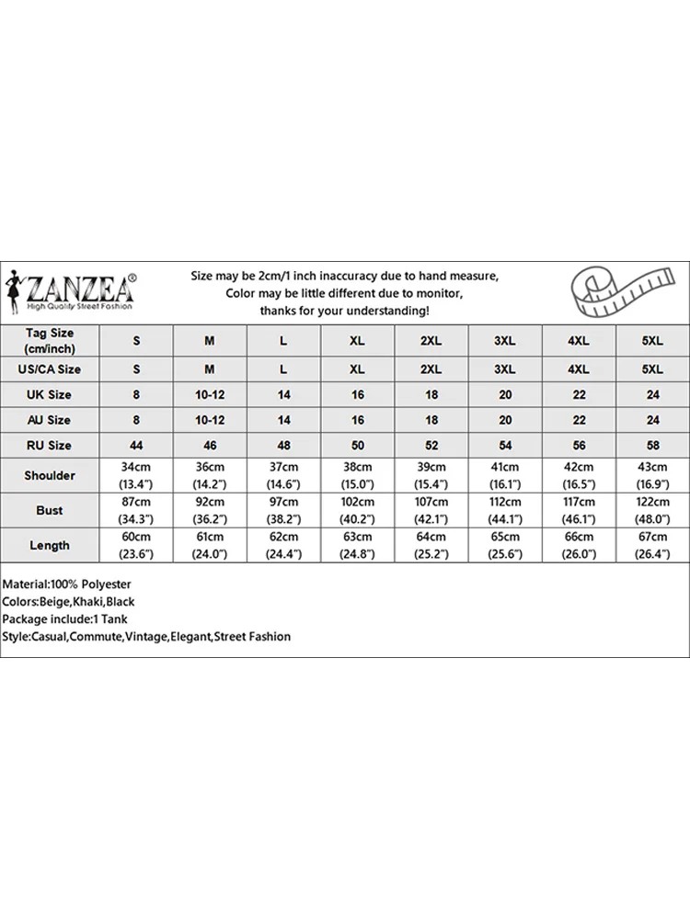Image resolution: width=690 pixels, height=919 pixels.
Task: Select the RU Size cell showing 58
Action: [652, 445]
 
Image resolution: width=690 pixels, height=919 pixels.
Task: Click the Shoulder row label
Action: [50, 475]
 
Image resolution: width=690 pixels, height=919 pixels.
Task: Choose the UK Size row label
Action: [50, 394]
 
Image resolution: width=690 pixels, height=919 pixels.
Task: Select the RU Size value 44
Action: [136, 445]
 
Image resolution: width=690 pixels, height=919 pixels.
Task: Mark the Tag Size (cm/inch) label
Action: [50, 340]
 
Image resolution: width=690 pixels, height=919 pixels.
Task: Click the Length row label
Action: [50, 545]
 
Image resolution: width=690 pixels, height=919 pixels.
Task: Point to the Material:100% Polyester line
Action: [67, 584]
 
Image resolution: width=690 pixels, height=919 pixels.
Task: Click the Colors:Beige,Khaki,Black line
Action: [69, 602]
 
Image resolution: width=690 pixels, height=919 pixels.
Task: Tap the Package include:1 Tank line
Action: [64, 619]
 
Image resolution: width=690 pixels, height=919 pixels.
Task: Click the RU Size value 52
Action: [431, 445]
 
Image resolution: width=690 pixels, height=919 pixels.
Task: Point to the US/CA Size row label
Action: [50, 369]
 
